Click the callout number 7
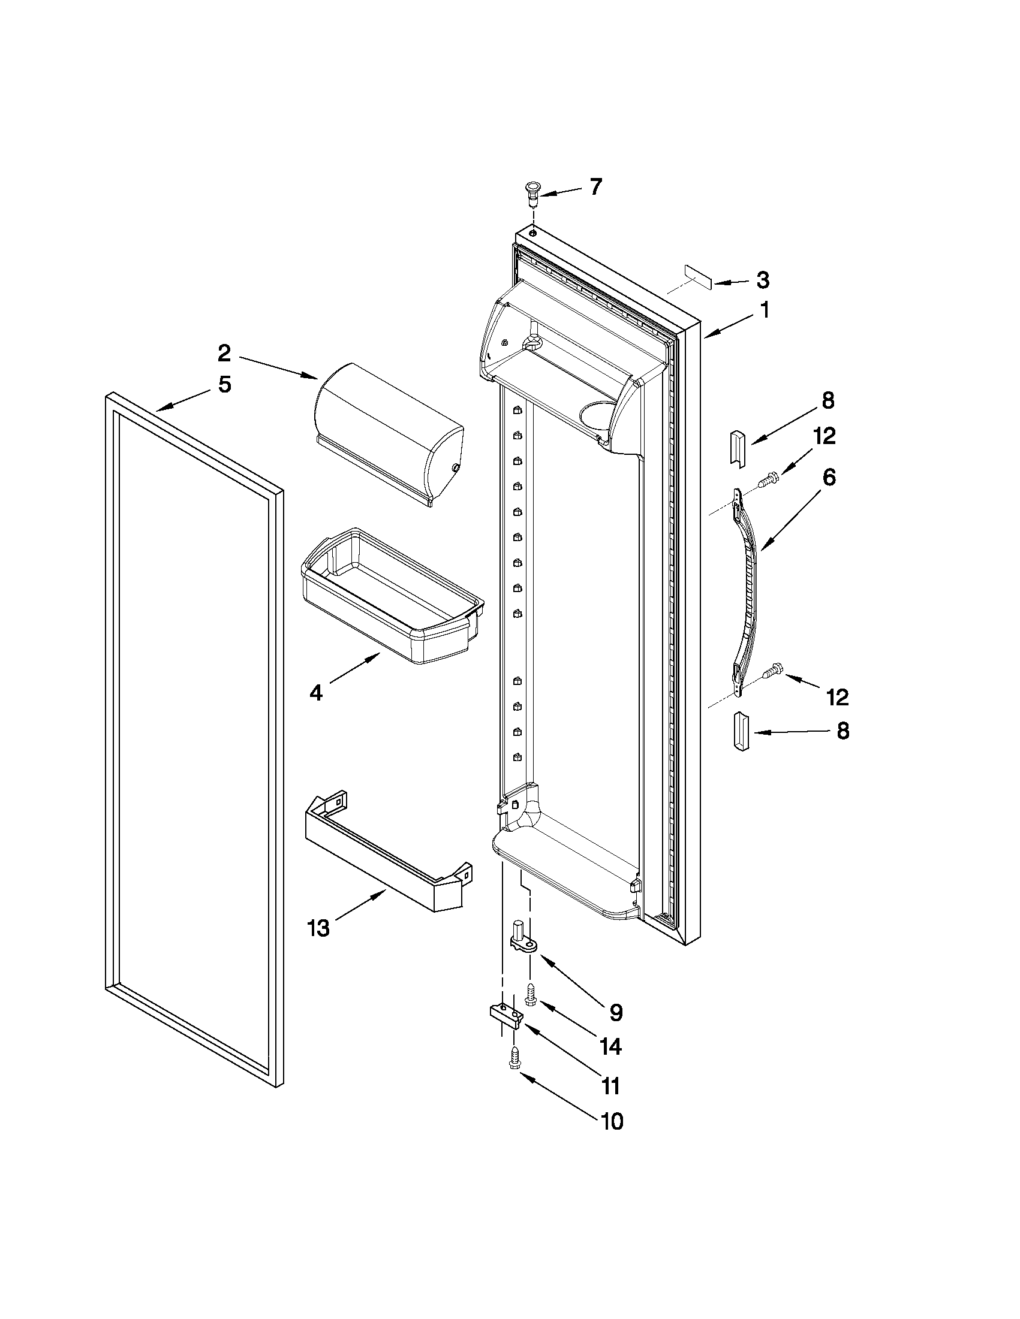coord(595,187)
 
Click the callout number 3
coord(763,280)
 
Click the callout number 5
coord(224,384)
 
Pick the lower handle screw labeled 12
coord(773,671)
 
